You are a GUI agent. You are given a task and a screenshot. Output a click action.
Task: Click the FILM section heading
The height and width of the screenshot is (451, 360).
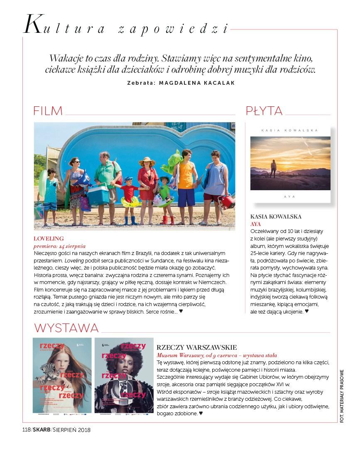48,111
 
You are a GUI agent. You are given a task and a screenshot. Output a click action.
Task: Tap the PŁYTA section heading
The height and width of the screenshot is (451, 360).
264,111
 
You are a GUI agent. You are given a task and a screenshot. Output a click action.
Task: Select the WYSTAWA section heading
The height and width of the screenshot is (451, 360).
66,328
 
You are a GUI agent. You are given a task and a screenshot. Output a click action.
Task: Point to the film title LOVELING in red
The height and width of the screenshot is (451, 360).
49,238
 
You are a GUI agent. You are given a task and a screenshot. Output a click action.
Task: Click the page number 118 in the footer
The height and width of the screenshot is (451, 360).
26,430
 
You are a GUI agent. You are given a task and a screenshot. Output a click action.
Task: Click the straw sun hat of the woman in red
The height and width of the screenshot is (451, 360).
147,162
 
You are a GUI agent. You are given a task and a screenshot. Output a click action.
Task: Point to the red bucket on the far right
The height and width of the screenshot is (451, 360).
227,202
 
